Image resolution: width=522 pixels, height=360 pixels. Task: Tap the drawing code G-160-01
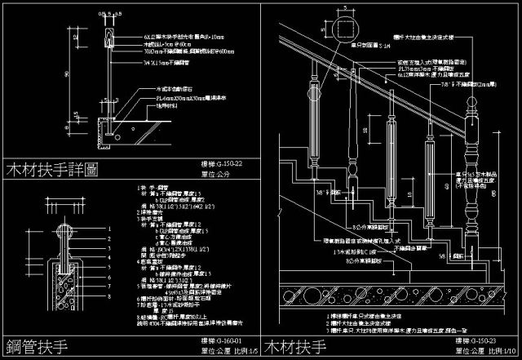pyautogui.click(x=222, y=338)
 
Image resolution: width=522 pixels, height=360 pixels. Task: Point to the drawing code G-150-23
pyautogui.click(x=488, y=339)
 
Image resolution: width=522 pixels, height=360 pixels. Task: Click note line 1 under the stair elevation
pyautogui.click(x=375, y=314)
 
